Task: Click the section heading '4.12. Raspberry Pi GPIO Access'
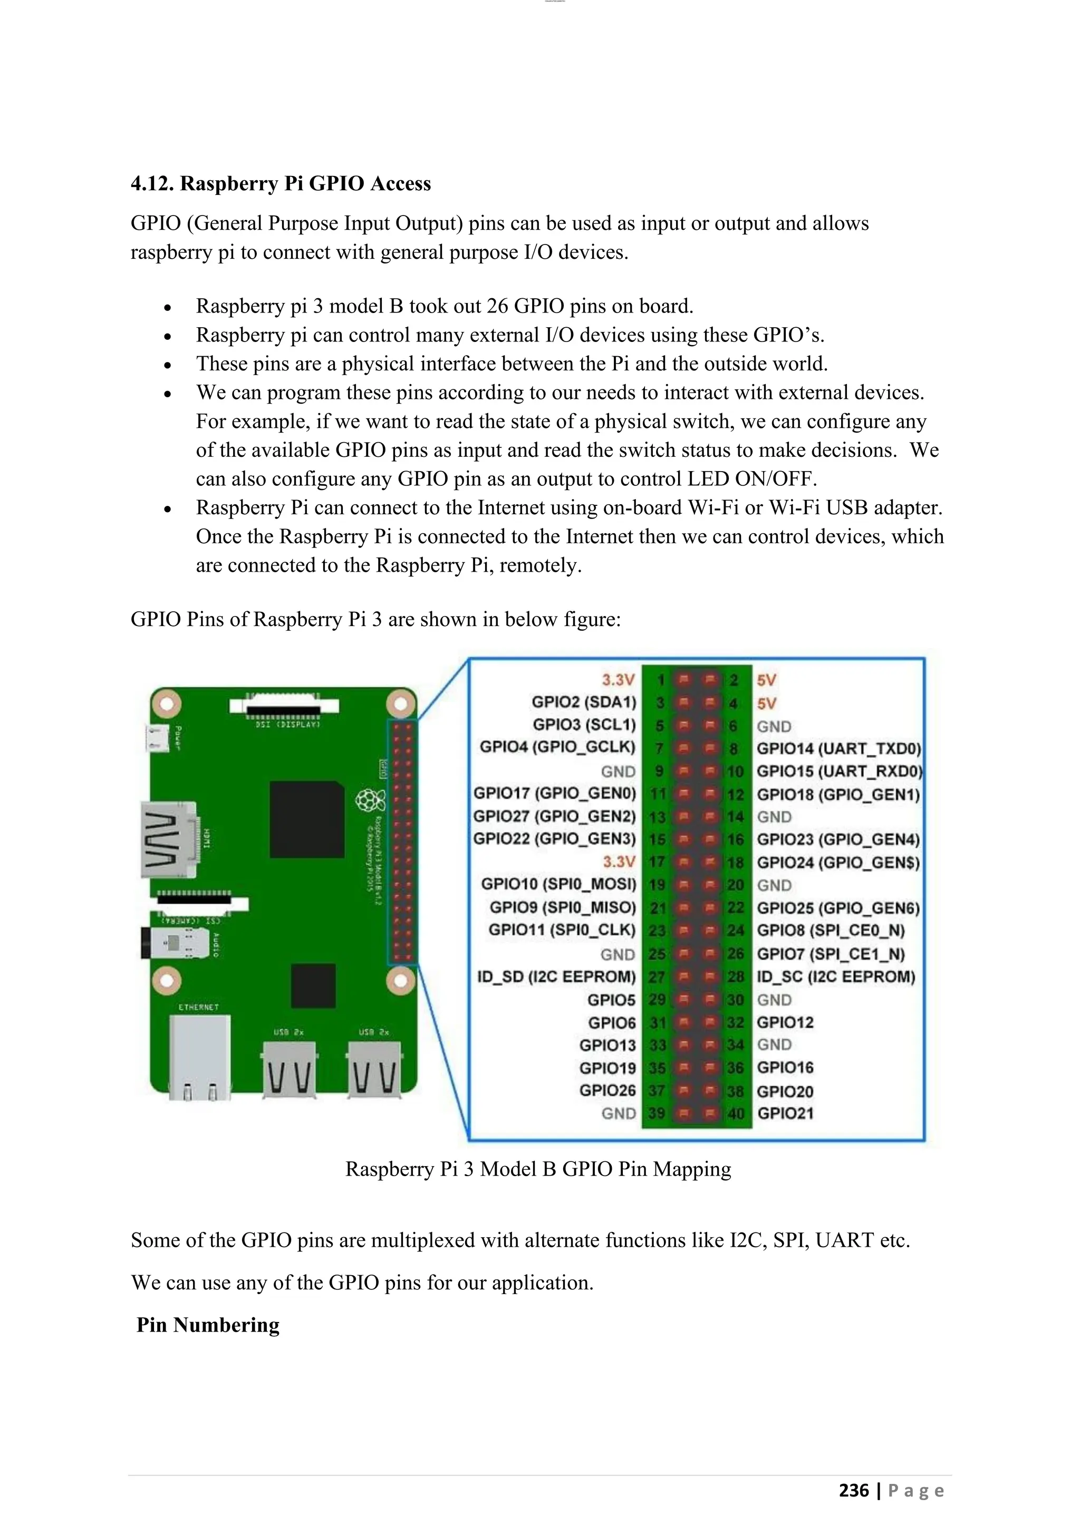point(281,183)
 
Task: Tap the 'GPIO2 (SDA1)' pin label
point(583,702)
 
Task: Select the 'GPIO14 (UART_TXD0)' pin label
point(838,749)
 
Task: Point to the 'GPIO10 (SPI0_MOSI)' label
point(558,884)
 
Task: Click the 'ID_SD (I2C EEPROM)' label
point(556,977)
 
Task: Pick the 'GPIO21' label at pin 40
point(785,1113)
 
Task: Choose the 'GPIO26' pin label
point(607,1091)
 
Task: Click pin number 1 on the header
point(660,680)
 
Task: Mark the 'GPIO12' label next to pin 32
point(785,1022)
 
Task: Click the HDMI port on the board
point(170,839)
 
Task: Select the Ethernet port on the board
point(199,1057)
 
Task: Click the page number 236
point(853,1490)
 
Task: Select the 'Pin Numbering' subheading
point(207,1325)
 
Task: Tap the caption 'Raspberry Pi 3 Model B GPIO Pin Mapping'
point(538,1169)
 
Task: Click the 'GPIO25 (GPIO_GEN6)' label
point(838,908)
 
